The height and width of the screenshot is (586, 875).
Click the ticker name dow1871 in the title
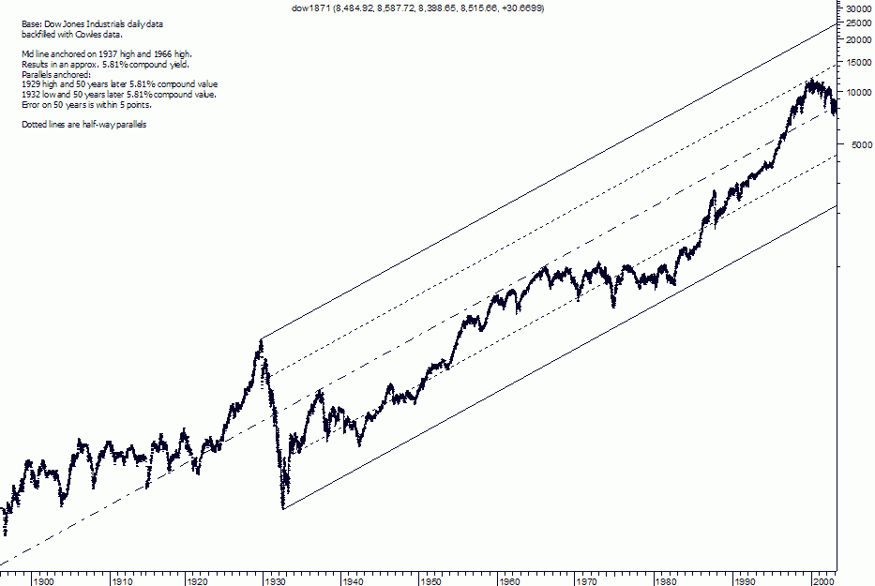point(311,8)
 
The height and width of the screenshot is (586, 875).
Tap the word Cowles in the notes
point(82,33)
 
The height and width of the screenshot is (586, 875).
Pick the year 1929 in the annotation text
point(30,84)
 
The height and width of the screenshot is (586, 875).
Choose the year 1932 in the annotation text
point(30,95)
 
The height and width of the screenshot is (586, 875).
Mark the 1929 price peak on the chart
point(261,339)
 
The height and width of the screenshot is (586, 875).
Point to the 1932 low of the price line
point(283,507)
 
